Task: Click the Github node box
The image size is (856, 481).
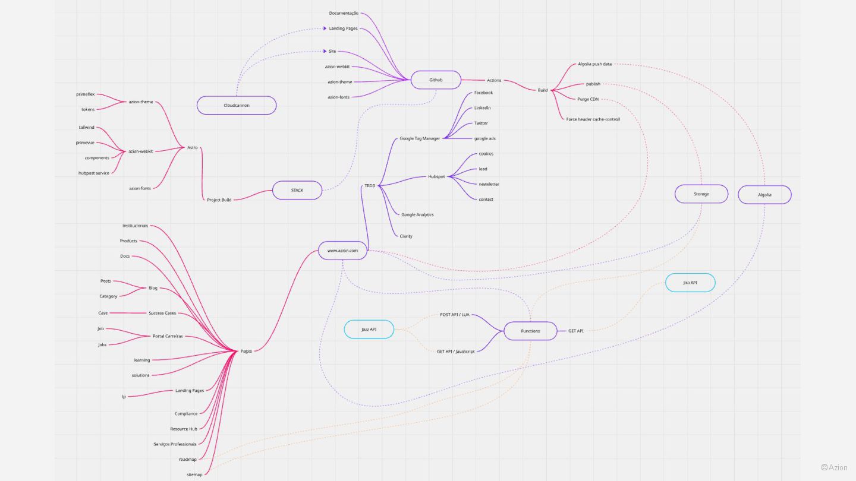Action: (436, 80)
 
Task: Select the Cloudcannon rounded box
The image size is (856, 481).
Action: (237, 105)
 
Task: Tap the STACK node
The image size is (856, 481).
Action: (297, 190)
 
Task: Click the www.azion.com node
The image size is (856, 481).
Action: (342, 251)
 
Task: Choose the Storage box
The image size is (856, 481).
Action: (701, 194)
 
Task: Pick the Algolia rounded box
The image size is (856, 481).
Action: (764, 195)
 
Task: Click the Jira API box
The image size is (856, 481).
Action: (690, 283)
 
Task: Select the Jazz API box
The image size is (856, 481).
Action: (369, 329)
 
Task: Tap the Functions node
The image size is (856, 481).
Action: (530, 331)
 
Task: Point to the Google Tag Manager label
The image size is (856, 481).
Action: (420, 138)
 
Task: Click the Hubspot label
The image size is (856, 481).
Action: (436, 176)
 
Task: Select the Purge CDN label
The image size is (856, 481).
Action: (588, 99)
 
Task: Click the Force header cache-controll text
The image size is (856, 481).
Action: (593, 119)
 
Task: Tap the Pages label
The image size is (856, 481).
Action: (246, 351)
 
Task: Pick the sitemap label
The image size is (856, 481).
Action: (194, 474)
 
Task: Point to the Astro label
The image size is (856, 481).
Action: (193, 147)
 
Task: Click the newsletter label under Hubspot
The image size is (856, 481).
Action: (489, 184)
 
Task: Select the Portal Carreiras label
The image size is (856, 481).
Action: (168, 336)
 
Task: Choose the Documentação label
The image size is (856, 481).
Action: (344, 13)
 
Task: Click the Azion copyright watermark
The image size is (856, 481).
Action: (835, 467)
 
